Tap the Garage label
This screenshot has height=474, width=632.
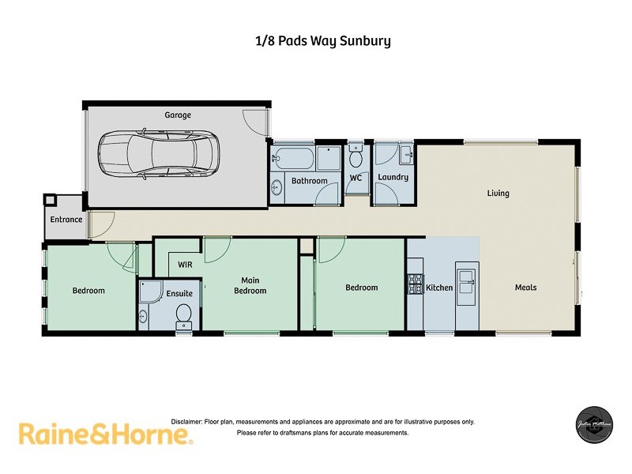178,115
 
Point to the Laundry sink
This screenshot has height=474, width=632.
405,152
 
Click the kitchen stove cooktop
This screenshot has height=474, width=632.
415,284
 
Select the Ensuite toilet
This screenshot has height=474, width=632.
183,314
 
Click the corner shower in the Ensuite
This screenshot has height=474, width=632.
149,293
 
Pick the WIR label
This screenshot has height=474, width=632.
186,265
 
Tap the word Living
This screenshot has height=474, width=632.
498,194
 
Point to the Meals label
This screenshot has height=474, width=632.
525,288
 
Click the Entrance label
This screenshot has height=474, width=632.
66,220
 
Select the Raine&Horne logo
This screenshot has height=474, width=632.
104,434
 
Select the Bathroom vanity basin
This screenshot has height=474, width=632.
276,187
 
